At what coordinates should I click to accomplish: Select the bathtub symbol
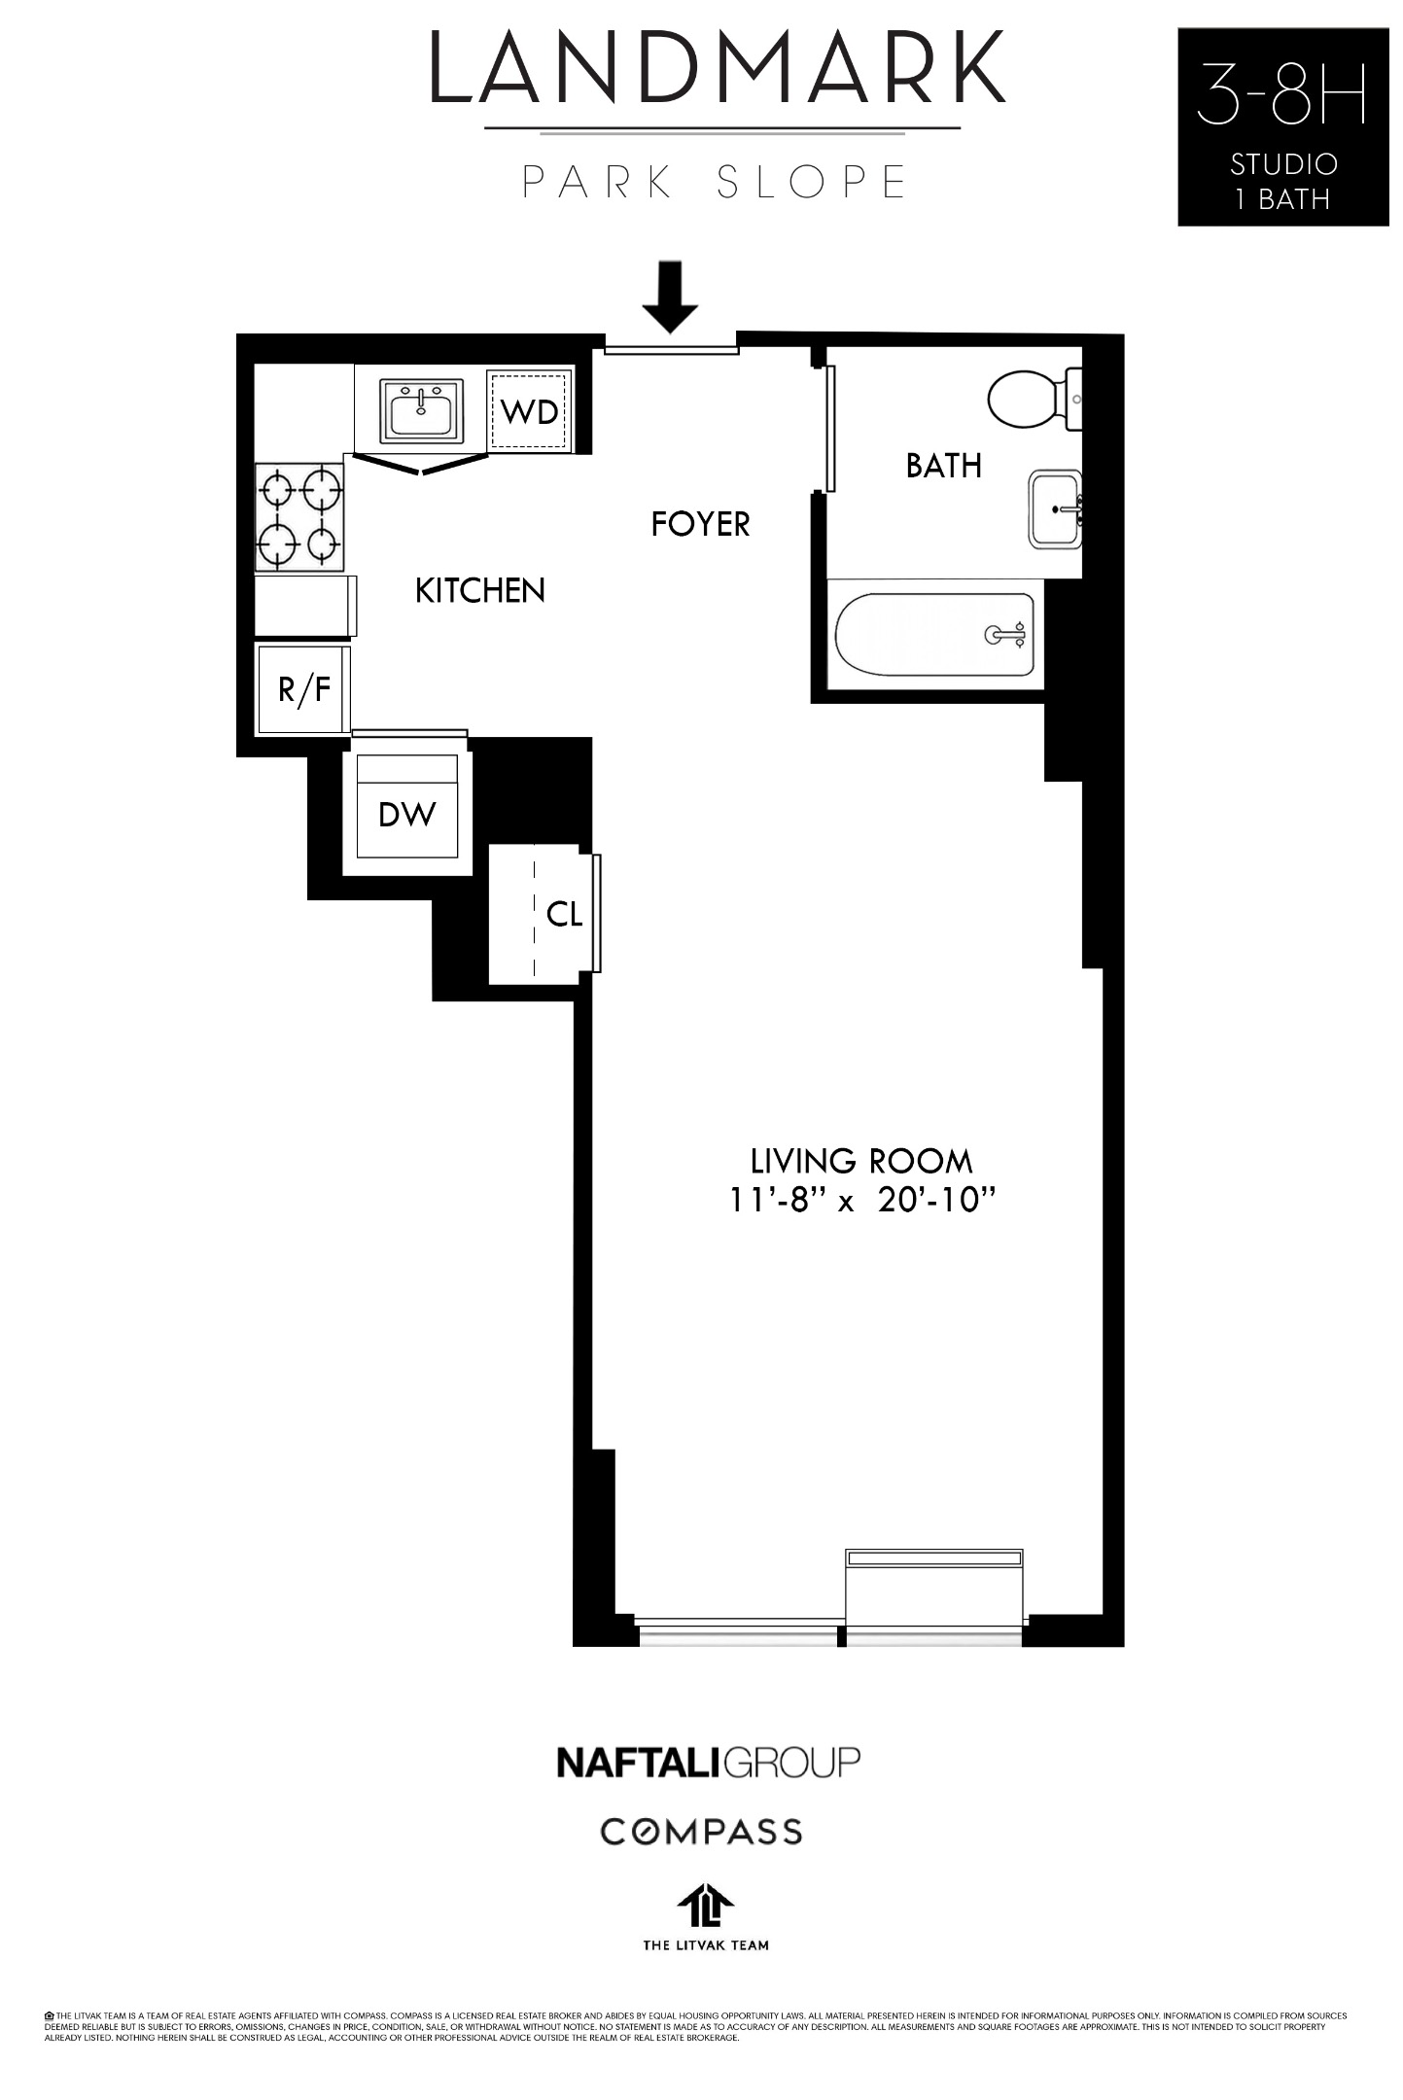point(934,635)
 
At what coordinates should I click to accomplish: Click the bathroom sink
point(1055,509)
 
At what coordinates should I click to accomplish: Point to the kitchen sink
point(422,410)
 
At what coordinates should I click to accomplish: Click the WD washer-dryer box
point(530,411)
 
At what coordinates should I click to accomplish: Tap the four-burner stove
point(299,516)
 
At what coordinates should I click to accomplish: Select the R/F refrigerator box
point(303,689)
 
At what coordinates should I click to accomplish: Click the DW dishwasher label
point(406,814)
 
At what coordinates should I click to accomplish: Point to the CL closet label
point(564,913)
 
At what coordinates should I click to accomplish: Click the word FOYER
point(700,524)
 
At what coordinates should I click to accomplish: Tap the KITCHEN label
point(479,590)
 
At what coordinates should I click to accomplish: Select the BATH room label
point(943,466)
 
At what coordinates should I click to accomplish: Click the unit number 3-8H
point(1281,94)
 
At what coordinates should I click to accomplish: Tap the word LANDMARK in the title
point(718,68)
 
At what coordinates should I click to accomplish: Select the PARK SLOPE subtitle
point(716,182)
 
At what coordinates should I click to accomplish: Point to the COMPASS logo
point(700,1832)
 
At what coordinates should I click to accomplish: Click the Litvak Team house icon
point(706,1905)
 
